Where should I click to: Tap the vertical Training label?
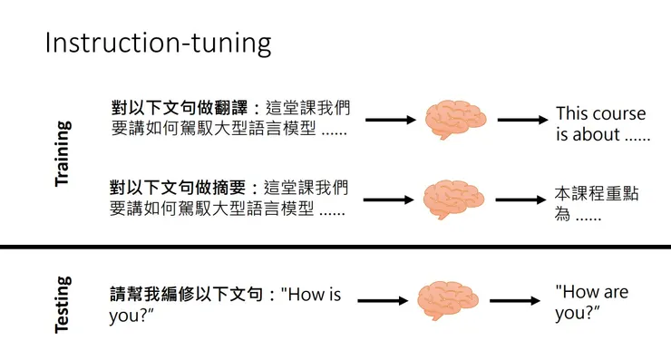pyautogui.click(x=62, y=154)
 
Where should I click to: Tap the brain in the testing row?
pyautogui.click(x=451, y=299)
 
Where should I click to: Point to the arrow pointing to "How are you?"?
pyautogui.click(x=519, y=299)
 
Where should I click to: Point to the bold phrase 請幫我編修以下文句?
pyautogui.click(x=186, y=294)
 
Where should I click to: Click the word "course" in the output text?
pyautogui.click(x=619, y=114)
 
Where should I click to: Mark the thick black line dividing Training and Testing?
pyautogui.click(x=335, y=247)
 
